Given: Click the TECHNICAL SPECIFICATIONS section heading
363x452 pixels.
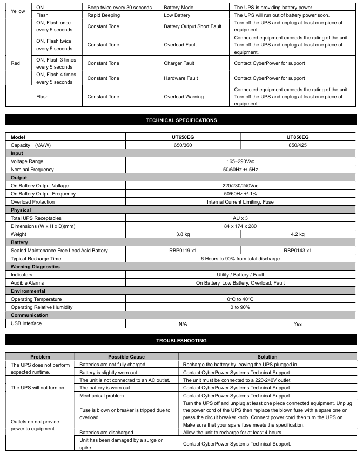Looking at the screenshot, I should click(181, 120).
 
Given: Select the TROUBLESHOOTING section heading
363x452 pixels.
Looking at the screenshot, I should click(181, 341).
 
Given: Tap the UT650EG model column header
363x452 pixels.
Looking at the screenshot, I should click(183, 137).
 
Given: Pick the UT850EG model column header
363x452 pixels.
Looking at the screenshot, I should click(298, 137).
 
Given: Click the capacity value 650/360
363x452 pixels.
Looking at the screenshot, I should click(183, 145).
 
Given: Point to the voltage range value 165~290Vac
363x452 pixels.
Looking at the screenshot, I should click(240, 161).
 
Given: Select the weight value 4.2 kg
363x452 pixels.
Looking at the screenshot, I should click(298, 234).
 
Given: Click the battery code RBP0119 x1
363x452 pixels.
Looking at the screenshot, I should click(183, 251).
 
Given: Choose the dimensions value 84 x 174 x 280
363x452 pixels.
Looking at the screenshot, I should click(240, 226).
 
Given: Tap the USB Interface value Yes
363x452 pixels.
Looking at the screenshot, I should click(298, 324).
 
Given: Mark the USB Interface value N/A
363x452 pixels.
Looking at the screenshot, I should click(183, 324).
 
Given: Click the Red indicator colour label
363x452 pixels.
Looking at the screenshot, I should click(15, 63).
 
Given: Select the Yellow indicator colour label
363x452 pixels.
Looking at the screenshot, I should click(18, 11).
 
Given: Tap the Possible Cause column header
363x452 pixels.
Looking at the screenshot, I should click(126, 357).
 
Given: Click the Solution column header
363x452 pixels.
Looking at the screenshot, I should click(267, 357).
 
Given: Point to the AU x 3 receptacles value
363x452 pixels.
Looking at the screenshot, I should click(240, 218).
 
